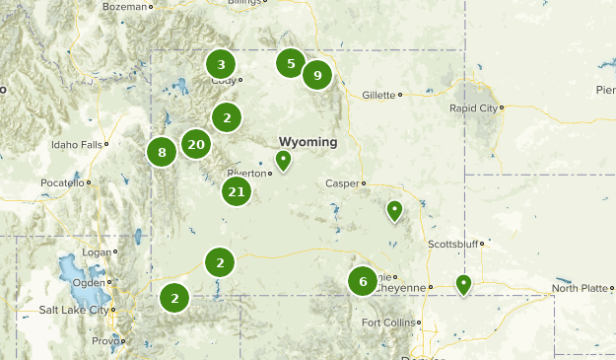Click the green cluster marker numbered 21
pos(237,191)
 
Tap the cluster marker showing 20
pos(196,145)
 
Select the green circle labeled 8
pos(162,152)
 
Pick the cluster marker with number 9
pos(316,75)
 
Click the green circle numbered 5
pos(290,64)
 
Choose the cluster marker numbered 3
pos(221,64)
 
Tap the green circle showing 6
pos(363,281)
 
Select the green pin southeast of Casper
pos(394,210)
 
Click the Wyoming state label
pos(308,142)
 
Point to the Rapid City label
pos(474,108)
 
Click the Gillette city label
pos(376,95)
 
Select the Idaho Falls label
pos(76,145)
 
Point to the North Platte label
pos(580,288)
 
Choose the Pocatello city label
pos(63,183)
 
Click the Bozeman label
pos(124,6)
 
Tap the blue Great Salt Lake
pos(72,271)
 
